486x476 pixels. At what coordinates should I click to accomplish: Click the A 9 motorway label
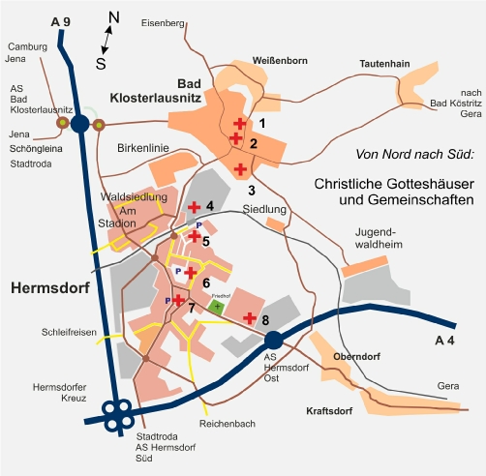(61, 22)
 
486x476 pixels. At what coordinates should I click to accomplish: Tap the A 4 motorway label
(444, 341)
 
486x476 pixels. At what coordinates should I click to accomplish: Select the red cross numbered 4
(194, 207)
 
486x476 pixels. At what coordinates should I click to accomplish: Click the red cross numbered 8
(250, 318)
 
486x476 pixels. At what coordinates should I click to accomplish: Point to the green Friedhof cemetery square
(217, 306)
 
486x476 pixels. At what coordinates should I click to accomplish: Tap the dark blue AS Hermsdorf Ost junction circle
(274, 340)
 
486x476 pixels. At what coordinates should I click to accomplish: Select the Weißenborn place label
(280, 61)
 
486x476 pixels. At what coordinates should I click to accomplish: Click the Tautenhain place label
(384, 64)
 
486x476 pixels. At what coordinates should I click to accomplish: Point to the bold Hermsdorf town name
(50, 288)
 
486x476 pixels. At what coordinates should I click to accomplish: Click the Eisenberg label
(163, 23)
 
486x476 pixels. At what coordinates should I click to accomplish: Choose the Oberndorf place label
(356, 357)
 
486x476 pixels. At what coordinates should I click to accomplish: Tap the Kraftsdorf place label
(329, 411)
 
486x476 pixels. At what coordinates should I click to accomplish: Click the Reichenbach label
(228, 424)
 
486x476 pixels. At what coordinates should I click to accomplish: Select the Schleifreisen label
(69, 332)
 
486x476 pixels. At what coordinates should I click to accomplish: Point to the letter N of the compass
(114, 17)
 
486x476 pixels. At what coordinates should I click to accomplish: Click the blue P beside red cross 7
(167, 301)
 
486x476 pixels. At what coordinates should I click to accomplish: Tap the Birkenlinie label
(143, 148)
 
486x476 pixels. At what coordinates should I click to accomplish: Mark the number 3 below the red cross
(252, 191)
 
